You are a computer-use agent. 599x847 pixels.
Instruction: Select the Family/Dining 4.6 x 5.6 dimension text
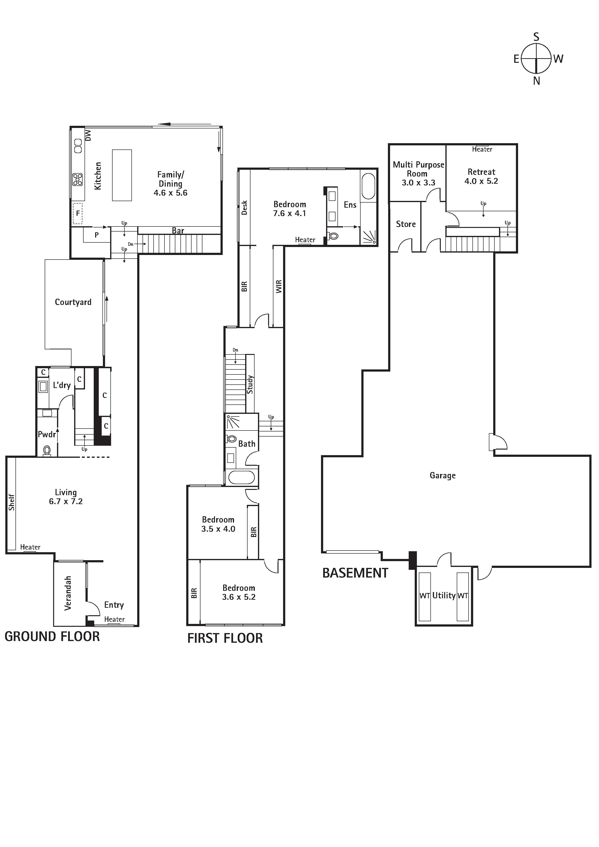click(x=171, y=193)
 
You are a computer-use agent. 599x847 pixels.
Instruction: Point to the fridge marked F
click(x=78, y=213)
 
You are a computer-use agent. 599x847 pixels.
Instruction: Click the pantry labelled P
click(x=96, y=235)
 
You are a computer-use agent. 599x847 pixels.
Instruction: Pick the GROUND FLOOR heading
click(x=52, y=636)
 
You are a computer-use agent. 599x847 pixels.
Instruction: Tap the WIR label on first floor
click(x=279, y=286)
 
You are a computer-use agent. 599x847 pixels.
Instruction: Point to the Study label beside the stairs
click(x=250, y=384)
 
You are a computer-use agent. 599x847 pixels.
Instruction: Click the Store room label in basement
click(x=406, y=224)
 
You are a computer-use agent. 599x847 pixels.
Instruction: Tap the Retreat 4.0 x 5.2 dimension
click(x=481, y=181)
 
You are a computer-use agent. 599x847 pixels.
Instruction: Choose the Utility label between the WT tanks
click(x=444, y=595)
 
